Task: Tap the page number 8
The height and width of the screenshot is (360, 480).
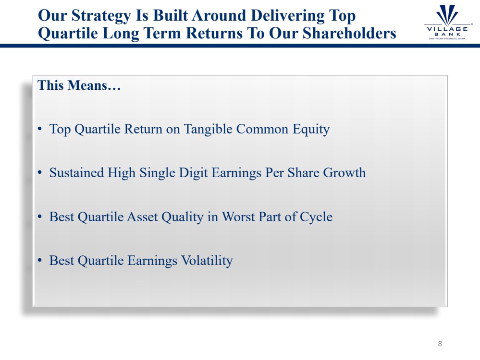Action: click(x=440, y=344)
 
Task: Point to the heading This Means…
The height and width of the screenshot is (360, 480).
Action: click(x=79, y=85)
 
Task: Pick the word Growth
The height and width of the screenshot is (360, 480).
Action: click(x=345, y=172)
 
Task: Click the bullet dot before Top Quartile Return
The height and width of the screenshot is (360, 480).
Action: click(x=40, y=129)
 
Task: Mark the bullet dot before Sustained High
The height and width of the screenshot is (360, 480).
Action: click(x=40, y=173)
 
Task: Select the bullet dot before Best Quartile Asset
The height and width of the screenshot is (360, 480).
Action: click(x=40, y=217)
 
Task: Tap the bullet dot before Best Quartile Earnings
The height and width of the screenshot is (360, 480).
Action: click(x=40, y=261)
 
